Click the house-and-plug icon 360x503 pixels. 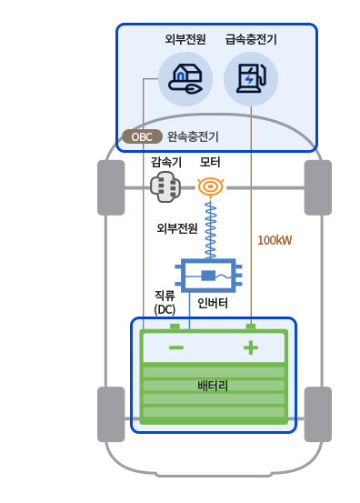tap(185, 78)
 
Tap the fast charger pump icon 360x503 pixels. tap(250, 78)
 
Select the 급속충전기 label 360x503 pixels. tap(251, 39)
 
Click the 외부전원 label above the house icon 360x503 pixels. tap(185, 39)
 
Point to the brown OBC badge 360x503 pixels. tap(141, 137)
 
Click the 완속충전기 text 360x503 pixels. tap(193, 137)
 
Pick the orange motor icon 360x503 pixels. tap(210, 186)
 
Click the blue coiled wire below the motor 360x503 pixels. tap(210, 230)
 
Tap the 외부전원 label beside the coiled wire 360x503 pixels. tap(177, 227)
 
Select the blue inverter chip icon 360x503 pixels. tap(209, 275)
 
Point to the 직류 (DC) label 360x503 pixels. tap(165, 302)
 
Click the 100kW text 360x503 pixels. tap(275, 240)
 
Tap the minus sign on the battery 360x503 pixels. tap(176, 348)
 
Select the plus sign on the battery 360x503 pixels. tap(251, 348)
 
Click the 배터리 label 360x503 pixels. tap(213, 386)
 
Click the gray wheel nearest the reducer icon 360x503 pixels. tap(110, 186)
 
